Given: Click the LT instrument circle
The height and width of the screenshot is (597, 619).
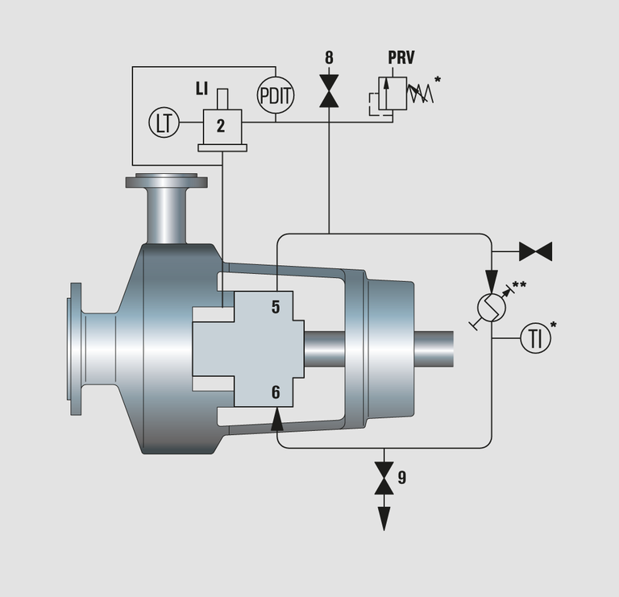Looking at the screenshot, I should point(164,123).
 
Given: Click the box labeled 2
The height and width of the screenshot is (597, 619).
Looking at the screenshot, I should point(221,125).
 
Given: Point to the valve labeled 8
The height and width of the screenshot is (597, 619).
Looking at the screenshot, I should point(329,90).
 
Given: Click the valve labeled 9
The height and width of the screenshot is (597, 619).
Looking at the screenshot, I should point(384,478).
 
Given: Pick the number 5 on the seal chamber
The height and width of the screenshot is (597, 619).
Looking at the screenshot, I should point(275,306).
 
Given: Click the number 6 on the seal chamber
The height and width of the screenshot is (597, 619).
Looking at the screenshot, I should point(275,392).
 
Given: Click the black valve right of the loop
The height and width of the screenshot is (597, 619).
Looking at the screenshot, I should point(535,251).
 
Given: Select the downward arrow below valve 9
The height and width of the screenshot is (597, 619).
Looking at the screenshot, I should point(384,516).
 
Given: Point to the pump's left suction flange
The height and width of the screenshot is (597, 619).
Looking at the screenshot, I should point(76,349).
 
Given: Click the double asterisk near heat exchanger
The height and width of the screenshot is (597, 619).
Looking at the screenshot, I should point(519,285).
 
